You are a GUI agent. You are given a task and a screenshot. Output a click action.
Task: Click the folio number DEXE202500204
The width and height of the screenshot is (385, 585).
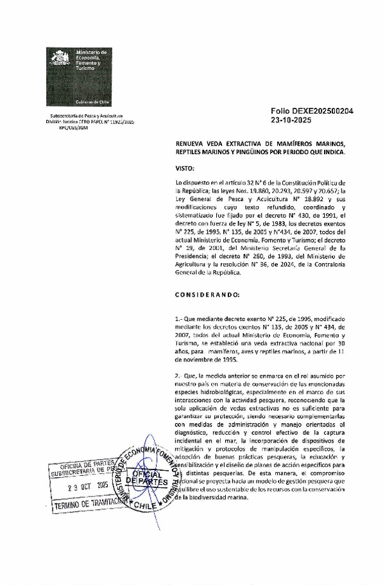(312, 110)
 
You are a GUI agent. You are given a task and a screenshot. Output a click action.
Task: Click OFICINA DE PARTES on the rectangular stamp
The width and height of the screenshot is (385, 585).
(83, 466)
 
